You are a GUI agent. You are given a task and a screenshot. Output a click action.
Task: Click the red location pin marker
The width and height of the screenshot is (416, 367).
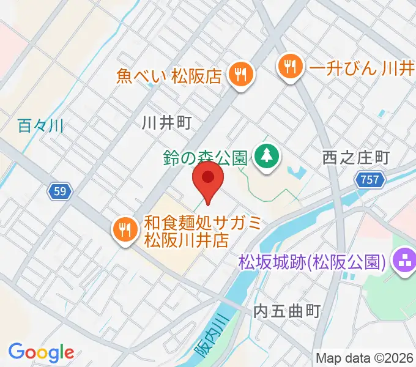click(208, 179)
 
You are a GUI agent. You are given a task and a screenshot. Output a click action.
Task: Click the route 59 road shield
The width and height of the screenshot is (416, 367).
click(59, 192)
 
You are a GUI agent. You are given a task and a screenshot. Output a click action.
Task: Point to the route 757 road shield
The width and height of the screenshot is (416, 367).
click(370, 180)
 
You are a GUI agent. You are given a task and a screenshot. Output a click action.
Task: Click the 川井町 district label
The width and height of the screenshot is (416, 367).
click(166, 123)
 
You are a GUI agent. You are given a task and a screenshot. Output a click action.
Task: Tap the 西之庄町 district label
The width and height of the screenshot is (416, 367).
click(355, 158)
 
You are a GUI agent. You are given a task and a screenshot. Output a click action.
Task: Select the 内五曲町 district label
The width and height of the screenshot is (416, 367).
click(287, 311)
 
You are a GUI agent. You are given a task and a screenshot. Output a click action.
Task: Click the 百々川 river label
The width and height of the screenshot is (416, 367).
click(41, 127)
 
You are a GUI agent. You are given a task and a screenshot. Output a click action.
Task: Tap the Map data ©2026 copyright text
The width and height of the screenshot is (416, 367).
click(365, 358)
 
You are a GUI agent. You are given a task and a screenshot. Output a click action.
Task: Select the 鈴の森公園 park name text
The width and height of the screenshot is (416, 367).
click(204, 157)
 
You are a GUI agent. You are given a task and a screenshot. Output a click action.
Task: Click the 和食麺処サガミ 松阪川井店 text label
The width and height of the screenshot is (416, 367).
click(202, 231)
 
